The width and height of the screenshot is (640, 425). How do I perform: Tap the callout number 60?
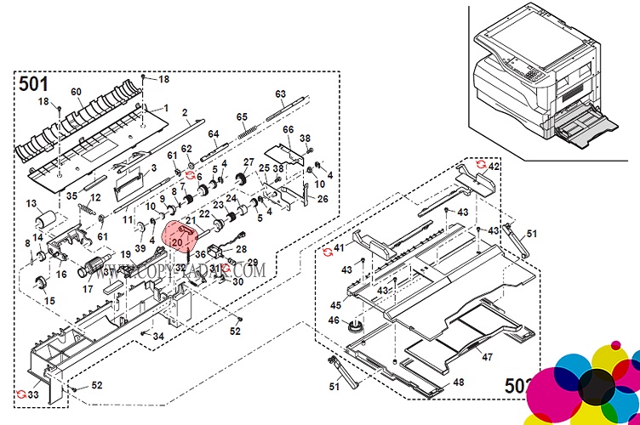76,92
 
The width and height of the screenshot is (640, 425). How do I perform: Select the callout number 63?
280,93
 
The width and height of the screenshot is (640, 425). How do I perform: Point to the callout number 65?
241,116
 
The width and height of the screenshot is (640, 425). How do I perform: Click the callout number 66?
288,129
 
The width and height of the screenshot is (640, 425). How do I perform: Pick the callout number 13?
31,204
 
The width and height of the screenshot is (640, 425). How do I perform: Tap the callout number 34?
158,337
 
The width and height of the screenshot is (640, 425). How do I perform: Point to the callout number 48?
459,382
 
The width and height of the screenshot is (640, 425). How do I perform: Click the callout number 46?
334,320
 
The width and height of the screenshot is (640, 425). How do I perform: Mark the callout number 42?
494,167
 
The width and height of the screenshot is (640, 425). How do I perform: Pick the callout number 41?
338,248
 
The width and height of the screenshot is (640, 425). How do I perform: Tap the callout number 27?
249,162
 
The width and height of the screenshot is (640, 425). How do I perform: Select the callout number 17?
88,288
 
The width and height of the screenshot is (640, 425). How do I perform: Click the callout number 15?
49,301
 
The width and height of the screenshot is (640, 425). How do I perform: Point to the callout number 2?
185,113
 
